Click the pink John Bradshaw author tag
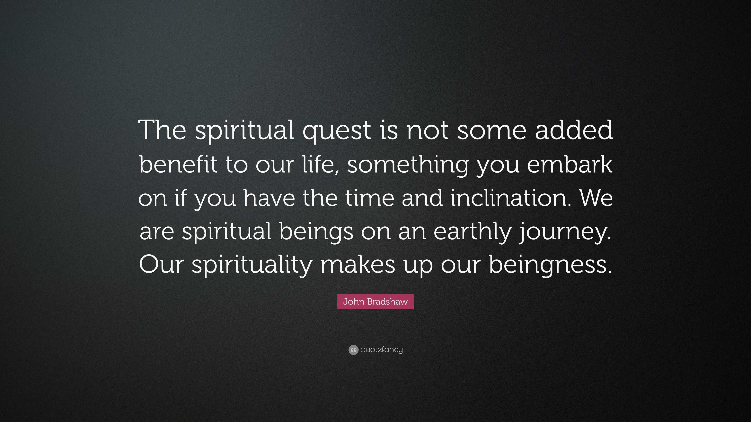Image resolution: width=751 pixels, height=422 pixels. (375, 301)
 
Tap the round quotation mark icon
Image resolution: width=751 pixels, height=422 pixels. (353, 350)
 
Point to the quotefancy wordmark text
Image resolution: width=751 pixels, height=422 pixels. (381, 350)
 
